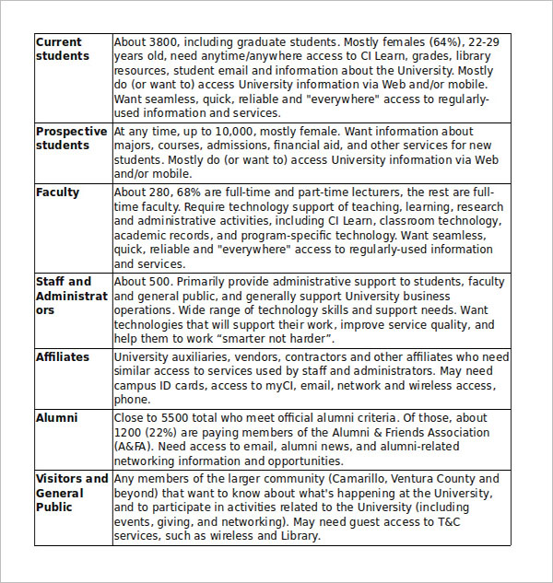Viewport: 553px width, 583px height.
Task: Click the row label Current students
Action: tap(63, 49)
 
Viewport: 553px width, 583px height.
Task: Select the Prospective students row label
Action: tap(71, 138)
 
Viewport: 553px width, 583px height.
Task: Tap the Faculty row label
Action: tap(57, 192)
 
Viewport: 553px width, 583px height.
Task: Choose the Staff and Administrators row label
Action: tap(71, 296)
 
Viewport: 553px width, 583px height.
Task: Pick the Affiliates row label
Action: tap(63, 356)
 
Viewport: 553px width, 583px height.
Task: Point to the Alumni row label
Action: tap(56, 417)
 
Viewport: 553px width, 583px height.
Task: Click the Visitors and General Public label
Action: tap(71, 493)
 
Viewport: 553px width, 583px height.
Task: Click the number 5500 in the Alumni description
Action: tap(176, 417)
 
